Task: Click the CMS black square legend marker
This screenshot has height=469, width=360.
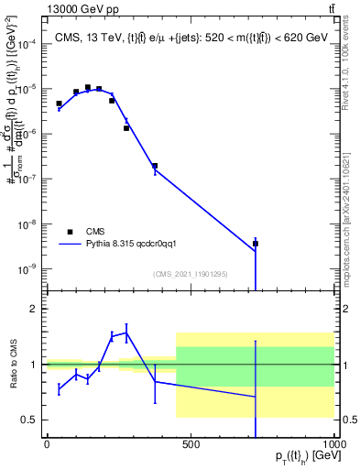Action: [70, 232]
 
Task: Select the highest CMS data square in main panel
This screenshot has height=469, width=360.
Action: [88, 88]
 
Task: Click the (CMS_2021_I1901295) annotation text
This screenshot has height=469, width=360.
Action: [191, 274]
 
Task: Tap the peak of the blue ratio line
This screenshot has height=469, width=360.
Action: [126, 333]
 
